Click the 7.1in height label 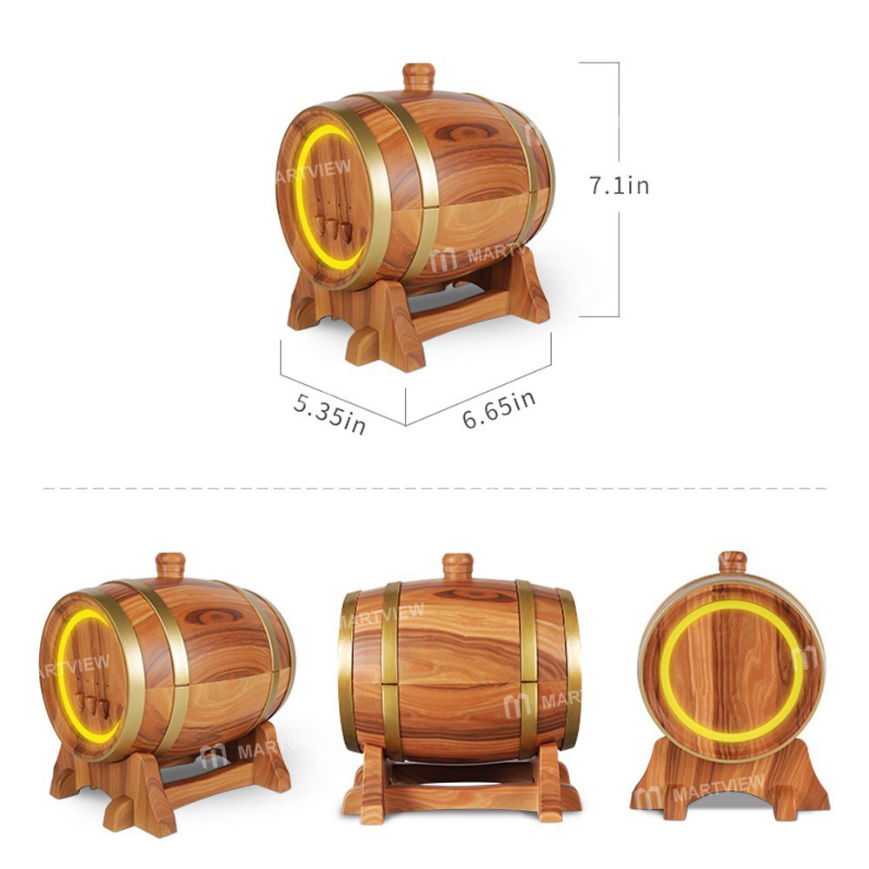click(619, 185)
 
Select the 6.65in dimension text click(499, 408)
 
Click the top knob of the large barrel click(418, 76)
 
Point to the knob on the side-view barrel click(457, 567)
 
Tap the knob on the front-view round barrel click(733, 562)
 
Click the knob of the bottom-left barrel click(170, 566)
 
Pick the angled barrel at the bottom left click(165, 678)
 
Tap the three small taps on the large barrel click(333, 228)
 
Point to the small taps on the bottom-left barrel click(90, 704)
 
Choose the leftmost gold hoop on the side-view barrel click(349, 669)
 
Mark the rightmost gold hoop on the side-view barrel click(570, 669)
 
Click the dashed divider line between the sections click(434, 488)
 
